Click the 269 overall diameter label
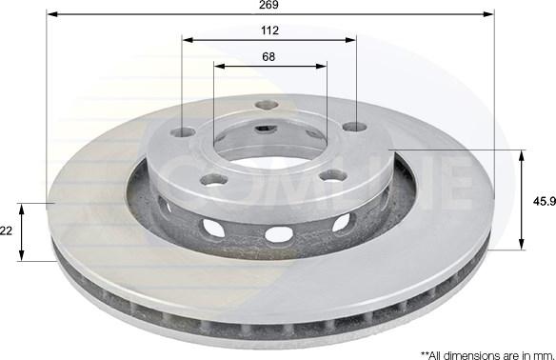[268, 5]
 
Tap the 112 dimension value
[268, 29]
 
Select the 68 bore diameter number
[269, 56]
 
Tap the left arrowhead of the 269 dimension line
[51, 15]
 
